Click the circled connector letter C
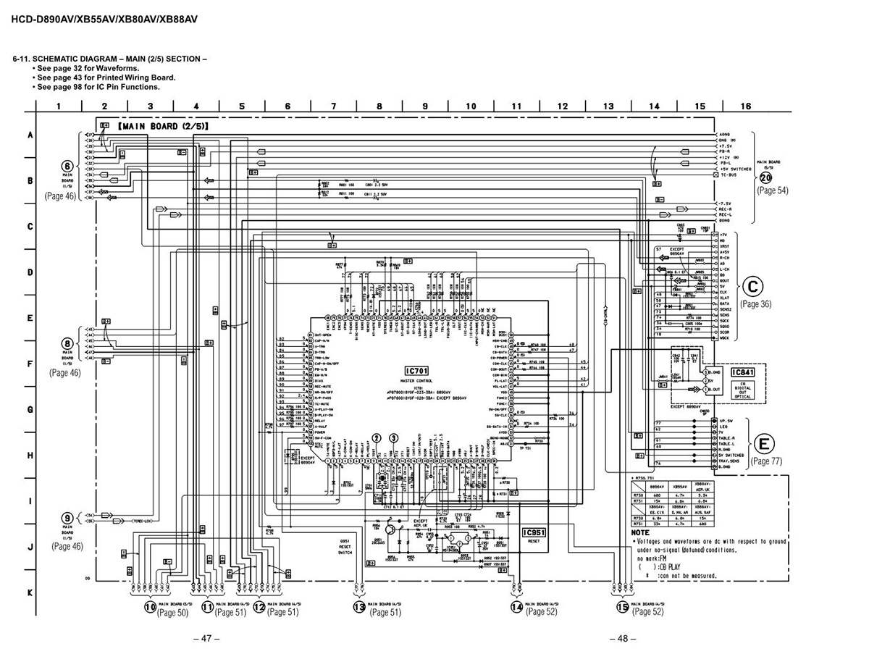tap(754, 288)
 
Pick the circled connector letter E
tap(763, 444)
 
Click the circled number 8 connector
tap(67, 343)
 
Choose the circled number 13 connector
tap(359, 608)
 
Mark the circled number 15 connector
tap(622, 608)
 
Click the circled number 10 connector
tap(150, 608)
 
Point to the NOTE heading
tap(640, 532)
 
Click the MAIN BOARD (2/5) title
tap(162, 126)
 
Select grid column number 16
tap(745, 106)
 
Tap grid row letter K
tap(30, 592)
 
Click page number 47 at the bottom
tap(206, 639)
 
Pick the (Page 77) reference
tap(766, 461)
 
